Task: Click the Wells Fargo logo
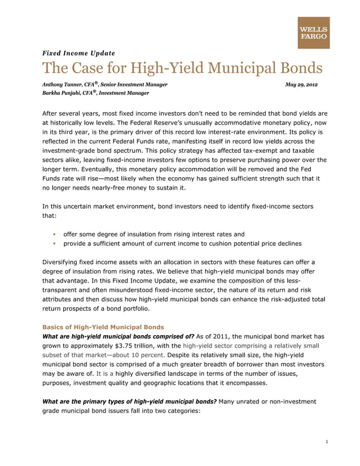pyautogui.click(x=314, y=33)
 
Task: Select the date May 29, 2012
pyautogui.click(x=301, y=84)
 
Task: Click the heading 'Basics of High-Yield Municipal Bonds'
pyautogui.click(x=103, y=327)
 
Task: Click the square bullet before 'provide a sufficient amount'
pyautogui.click(x=54, y=244)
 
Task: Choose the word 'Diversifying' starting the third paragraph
pyautogui.click(x=63, y=262)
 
